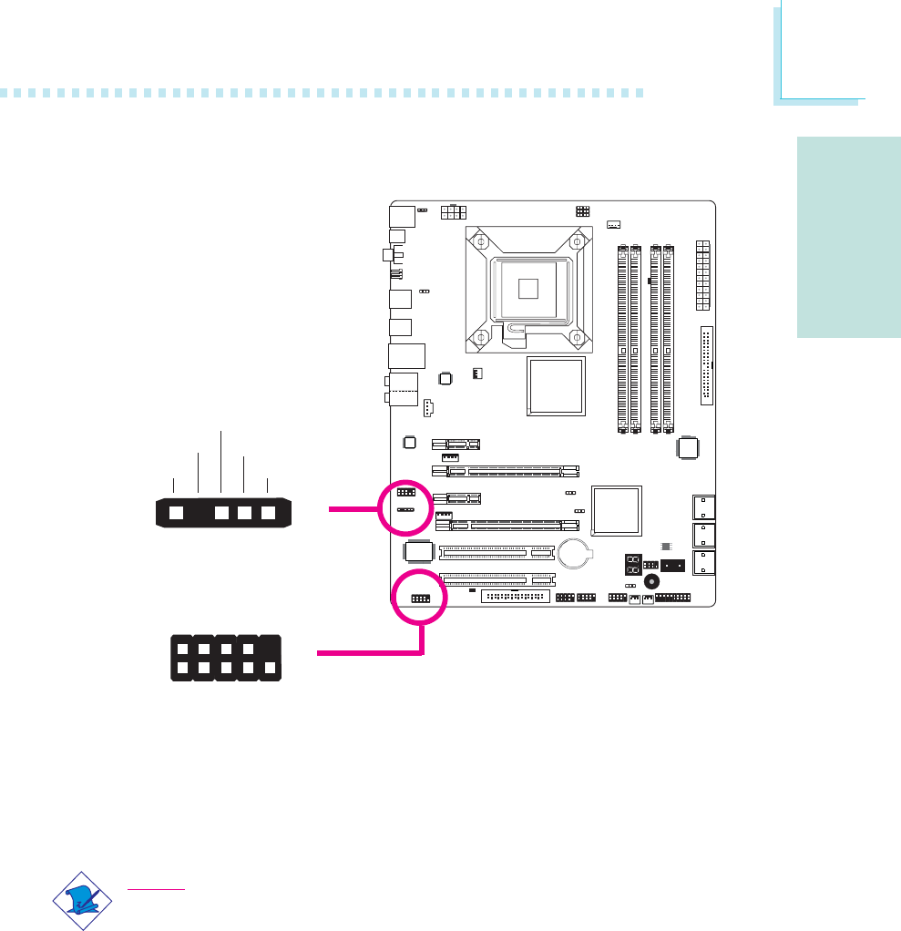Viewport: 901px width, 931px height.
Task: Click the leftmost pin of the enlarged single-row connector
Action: click(x=177, y=513)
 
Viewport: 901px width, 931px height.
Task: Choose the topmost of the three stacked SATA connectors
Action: click(x=704, y=506)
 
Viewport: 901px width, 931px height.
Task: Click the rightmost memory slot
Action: click(x=670, y=337)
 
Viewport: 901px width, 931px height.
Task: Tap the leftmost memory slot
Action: click(x=622, y=337)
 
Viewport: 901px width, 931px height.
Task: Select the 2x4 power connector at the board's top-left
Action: click(x=452, y=212)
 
